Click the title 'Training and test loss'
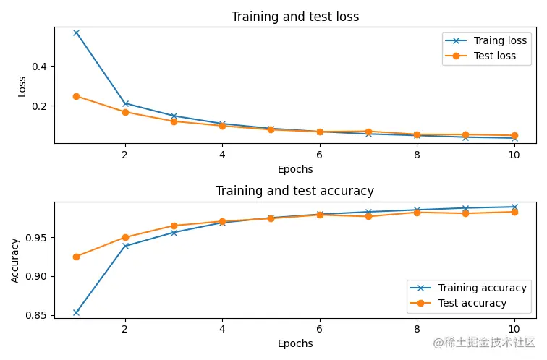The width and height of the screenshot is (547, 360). click(x=295, y=17)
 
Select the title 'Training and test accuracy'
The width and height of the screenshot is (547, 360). click(x=295, y=191)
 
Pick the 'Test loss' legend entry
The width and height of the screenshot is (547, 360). click(x=495, y=56)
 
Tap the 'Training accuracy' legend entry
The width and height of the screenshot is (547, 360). click(x=483, y=288)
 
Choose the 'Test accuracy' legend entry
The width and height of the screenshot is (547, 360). click(x=472, y=303)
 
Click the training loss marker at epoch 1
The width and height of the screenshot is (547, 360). click(x=76, y=33)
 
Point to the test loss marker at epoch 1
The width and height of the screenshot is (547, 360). click(x=76, y=96)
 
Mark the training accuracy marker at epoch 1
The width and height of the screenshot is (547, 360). click(x=76, y=312)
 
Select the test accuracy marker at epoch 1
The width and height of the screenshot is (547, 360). click(x=76, y=257)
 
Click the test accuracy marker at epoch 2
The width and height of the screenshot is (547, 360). click(x=125, y=237)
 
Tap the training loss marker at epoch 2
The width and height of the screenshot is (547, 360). click(x=125, y=103)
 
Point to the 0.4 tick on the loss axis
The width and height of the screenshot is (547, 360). click(x=39, y=67)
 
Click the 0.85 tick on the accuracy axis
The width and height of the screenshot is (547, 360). click(x=35, y=315)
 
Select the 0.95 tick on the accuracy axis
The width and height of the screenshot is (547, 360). click(x=35, y=238)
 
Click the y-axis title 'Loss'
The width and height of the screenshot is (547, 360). click(x=22, y=87)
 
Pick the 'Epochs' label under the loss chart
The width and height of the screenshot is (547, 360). click(x=295, y=169)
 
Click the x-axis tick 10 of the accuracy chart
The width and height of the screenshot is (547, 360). click(x=514, y=329)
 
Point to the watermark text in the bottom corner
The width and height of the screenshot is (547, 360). click(x=484, y=342)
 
